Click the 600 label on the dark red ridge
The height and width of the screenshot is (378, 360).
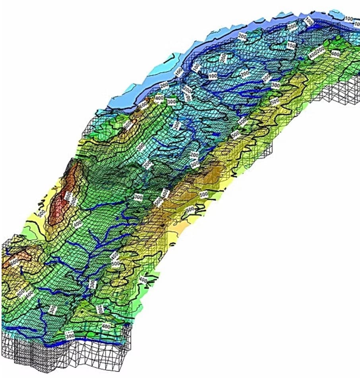tap(68, 195)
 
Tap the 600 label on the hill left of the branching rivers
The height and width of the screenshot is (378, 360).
tap(14, 262)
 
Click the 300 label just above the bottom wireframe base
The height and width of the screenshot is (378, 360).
tap(70, 336)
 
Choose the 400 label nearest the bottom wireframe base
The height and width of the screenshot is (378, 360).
tap(106, 326)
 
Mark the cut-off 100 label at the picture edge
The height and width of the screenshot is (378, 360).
tap(357, 24)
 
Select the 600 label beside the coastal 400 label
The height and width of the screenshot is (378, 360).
tap(143, 104)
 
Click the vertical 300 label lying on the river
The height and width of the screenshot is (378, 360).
tap(93, 284)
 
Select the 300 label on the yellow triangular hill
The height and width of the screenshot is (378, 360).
tap(100, 309)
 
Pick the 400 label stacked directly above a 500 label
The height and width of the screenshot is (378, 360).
tap(114, 255)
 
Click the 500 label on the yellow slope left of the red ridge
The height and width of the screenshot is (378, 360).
tap(41, 213)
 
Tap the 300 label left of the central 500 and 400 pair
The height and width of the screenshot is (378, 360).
tap(138, 197)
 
